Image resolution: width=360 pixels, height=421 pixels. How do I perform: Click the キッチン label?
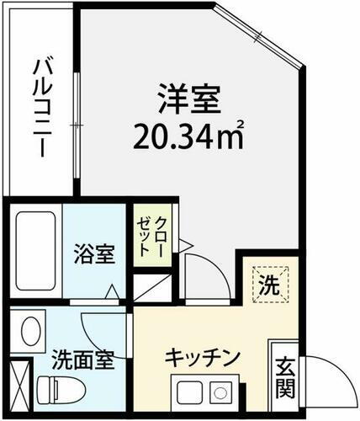pyautogui.click(x=207, y=354)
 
